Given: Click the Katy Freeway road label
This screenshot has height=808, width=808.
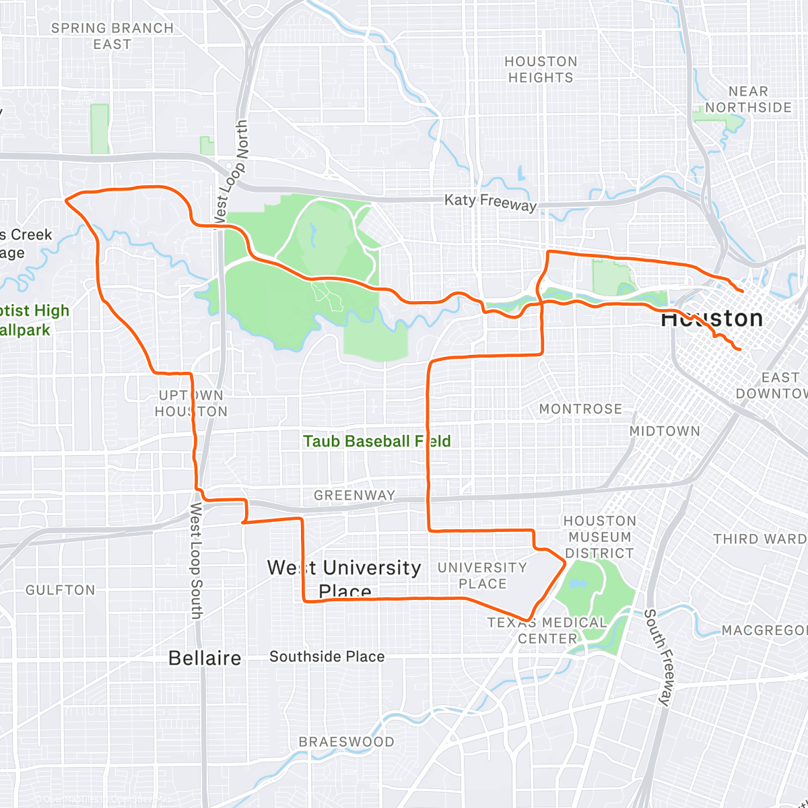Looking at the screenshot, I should (490, 202).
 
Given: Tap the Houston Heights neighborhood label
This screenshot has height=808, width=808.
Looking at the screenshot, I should (541, 69).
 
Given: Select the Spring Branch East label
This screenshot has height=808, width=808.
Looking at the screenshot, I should (112, 36).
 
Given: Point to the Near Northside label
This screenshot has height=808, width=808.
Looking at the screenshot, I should (748, 100).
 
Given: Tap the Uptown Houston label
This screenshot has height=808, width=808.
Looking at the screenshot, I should (191, 403).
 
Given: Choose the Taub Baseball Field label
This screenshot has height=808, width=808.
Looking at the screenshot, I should (376, 442).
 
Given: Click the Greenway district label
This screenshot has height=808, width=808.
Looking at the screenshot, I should (354, 496).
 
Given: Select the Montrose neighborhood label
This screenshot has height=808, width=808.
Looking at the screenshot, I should (580, 409).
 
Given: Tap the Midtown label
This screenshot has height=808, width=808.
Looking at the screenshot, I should (665, 431).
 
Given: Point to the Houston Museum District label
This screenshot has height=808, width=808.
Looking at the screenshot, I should (599, 537).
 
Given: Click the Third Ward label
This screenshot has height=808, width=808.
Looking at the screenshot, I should (760, 539).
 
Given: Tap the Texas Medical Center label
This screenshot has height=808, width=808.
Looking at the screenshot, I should (547, 630).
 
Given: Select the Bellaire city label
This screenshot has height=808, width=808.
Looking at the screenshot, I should (205, 658).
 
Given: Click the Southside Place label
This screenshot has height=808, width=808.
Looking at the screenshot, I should (327, 656).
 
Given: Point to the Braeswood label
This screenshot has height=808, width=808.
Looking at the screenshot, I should (346, 742).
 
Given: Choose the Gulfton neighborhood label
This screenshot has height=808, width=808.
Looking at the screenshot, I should (61, 591).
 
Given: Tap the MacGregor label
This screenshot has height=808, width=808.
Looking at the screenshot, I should (764, 631).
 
